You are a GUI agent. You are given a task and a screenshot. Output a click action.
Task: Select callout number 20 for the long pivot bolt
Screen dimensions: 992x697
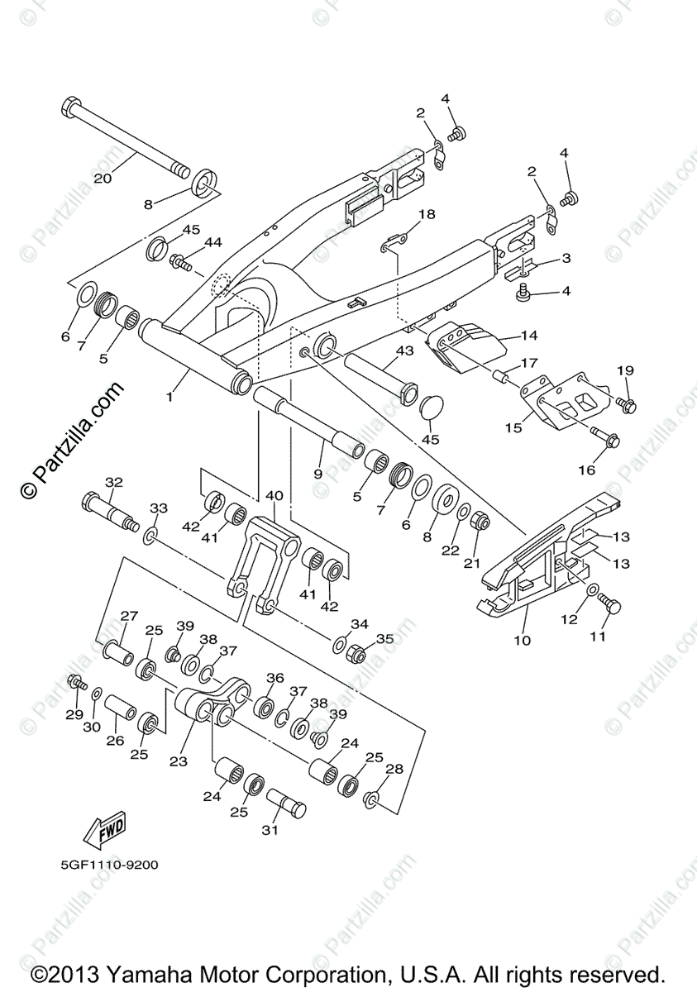103,178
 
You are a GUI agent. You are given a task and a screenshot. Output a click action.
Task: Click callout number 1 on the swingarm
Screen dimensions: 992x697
169,397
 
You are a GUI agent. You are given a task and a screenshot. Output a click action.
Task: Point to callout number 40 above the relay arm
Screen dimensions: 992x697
274,495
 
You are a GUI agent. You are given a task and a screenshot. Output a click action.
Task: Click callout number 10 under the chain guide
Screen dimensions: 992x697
523,639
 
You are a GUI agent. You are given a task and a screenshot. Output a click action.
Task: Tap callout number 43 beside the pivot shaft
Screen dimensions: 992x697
404,351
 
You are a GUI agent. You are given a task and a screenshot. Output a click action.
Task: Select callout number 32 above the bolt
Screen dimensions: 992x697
113,482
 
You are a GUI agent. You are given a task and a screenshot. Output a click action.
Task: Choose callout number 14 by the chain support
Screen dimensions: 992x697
529,336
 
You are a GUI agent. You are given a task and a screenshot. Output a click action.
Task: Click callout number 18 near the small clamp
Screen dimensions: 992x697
426,215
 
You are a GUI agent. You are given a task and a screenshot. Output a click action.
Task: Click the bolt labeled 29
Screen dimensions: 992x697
77,683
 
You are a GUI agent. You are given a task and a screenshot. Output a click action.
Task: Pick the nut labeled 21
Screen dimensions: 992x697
479,522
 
